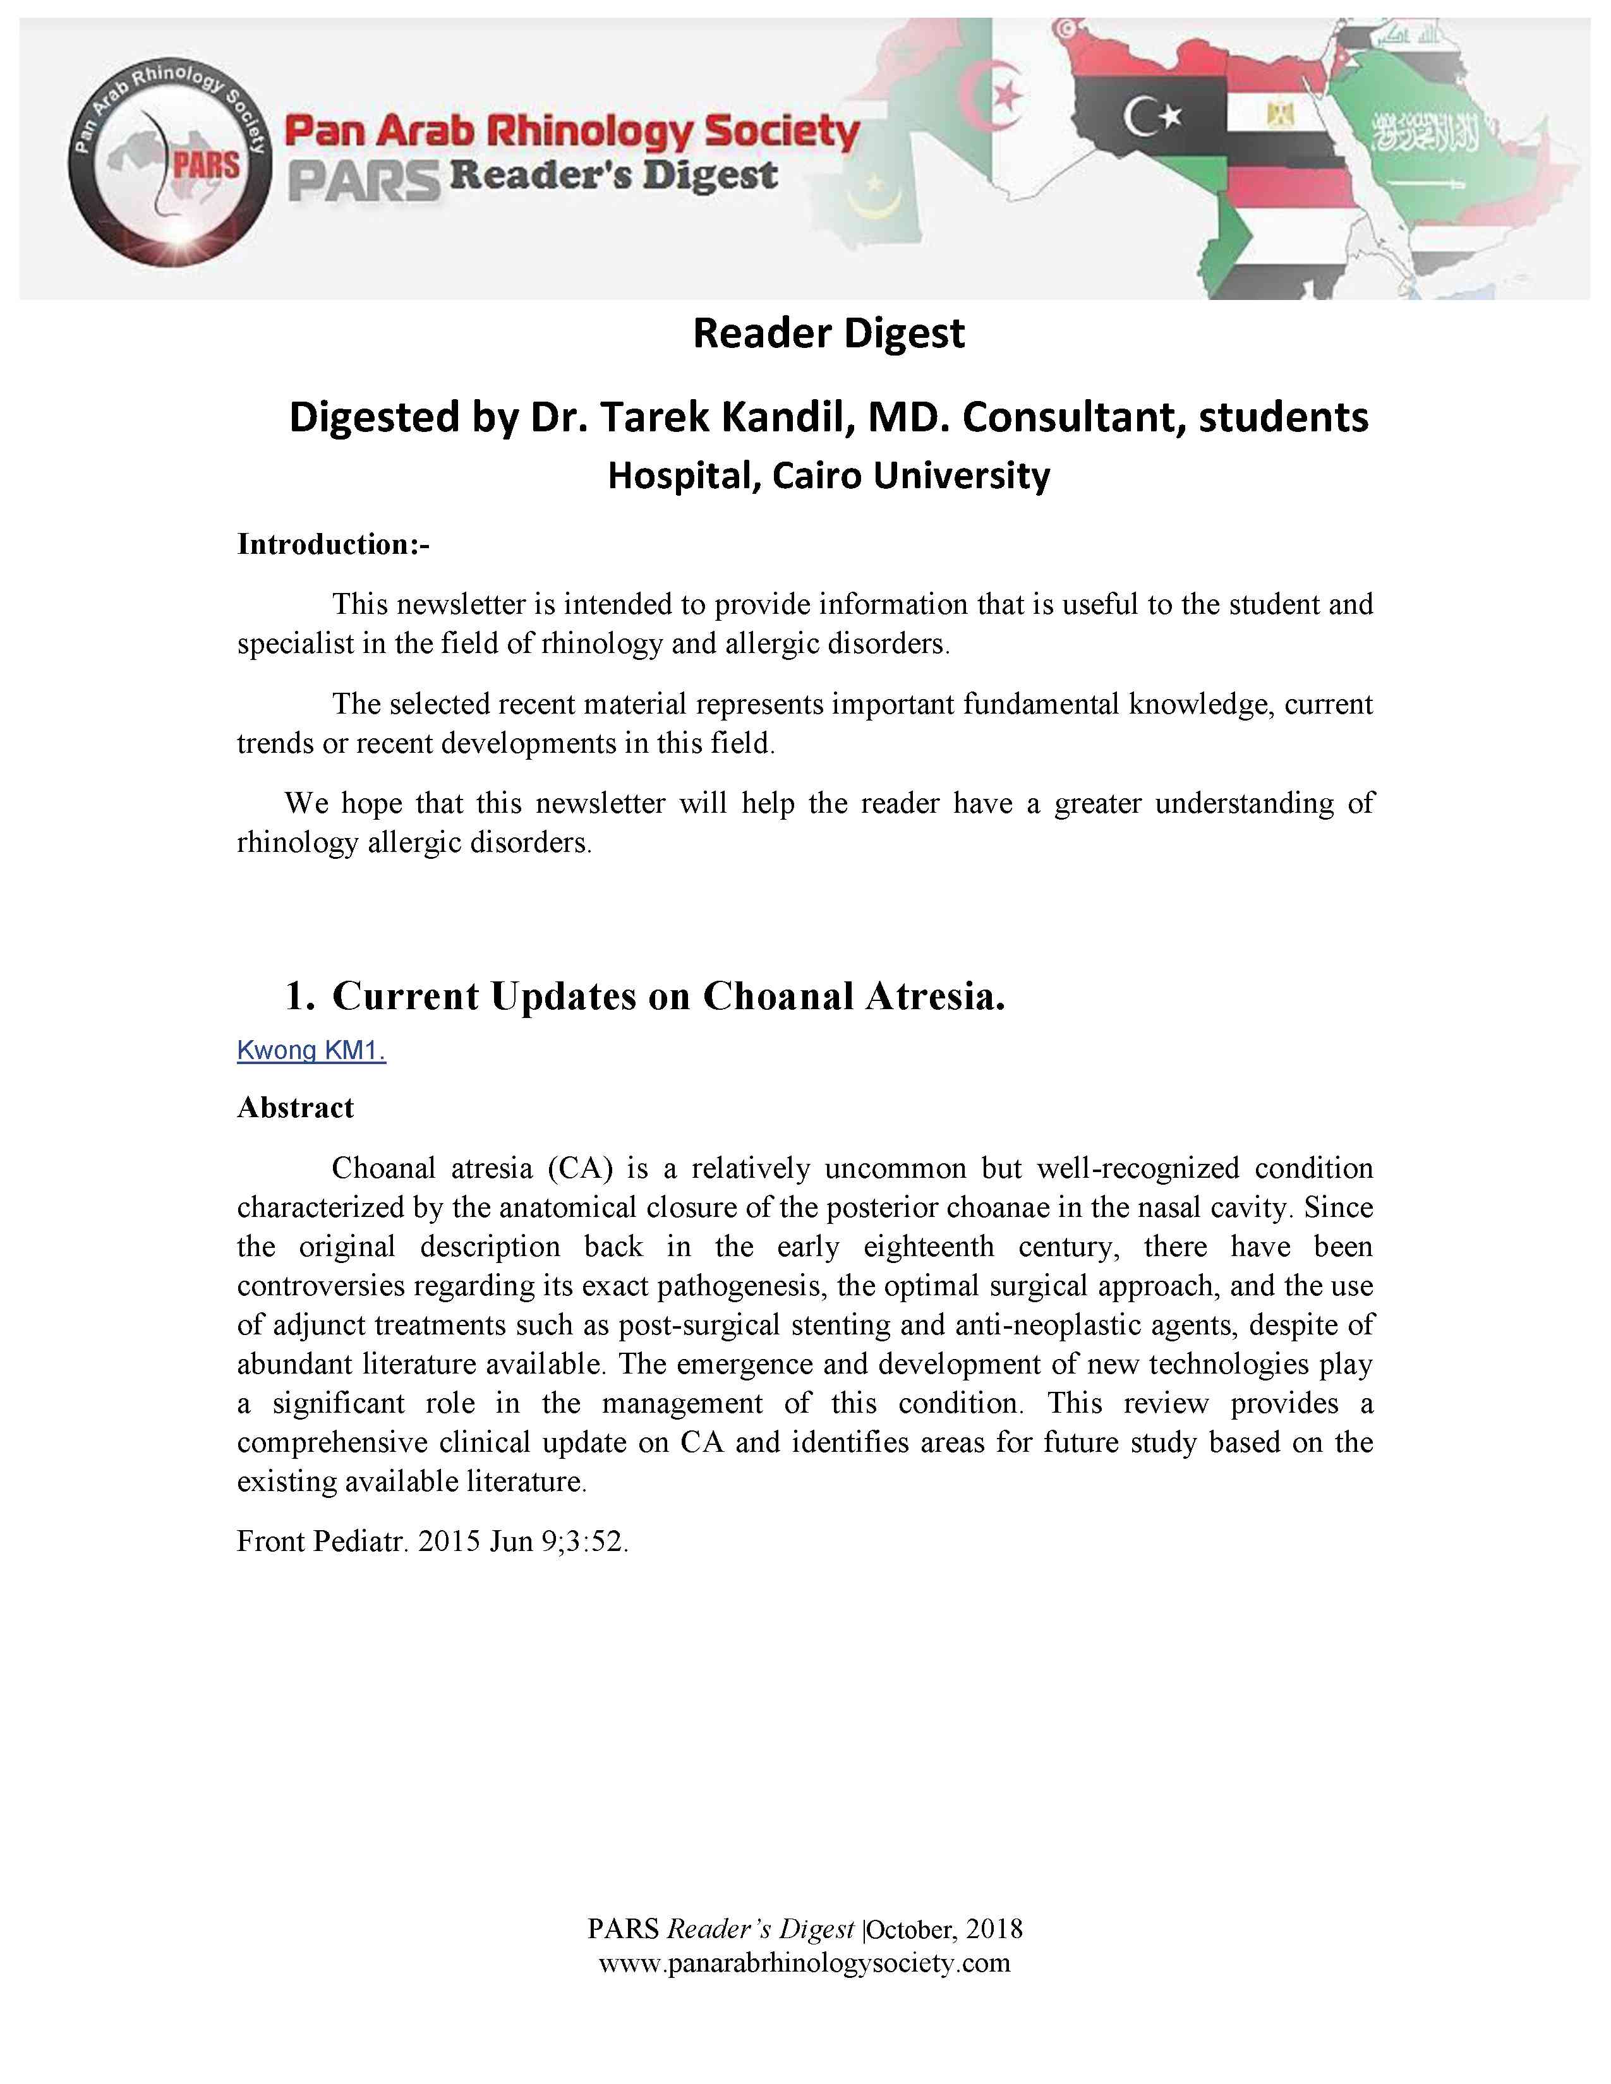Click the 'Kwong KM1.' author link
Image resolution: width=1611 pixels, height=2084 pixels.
tap(311, 1051)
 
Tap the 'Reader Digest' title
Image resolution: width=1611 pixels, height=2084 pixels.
tap(828, 333)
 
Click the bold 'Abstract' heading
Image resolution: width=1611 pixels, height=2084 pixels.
tap(295, 1107)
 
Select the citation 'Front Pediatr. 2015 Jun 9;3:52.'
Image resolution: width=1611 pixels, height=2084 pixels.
tap(432, 1541)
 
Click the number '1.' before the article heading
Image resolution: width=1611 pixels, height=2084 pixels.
tap(299, 995)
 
